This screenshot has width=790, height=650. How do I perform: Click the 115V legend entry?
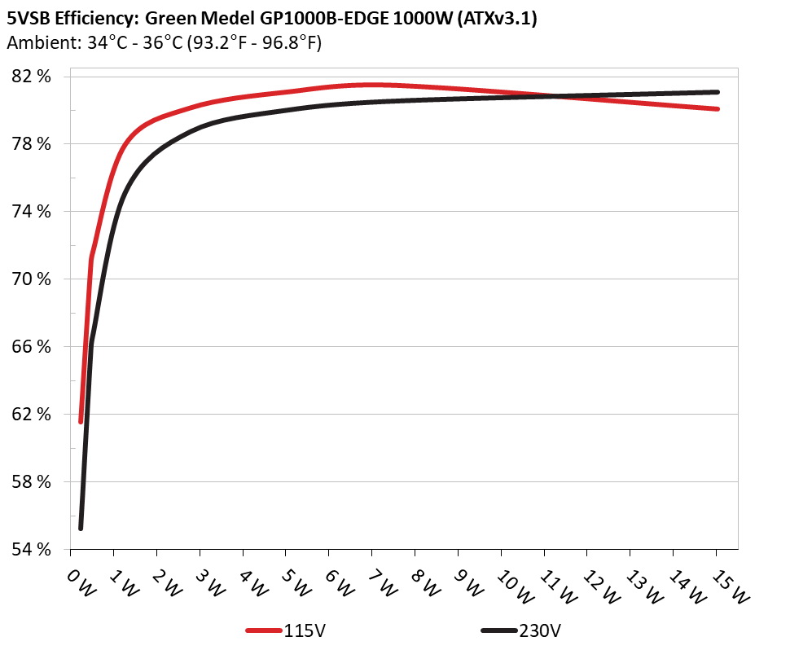pos(303,630)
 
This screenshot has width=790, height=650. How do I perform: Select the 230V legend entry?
pos(539,630)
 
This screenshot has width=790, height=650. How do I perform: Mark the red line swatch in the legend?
pos(264,630)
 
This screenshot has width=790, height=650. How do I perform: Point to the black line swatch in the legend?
pos(498,630)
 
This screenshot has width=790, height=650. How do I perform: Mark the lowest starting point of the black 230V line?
pos(81,528)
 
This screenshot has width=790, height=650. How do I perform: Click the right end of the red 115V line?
pos(718,108)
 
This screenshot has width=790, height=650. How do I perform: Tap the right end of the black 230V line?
pos(718,92)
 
